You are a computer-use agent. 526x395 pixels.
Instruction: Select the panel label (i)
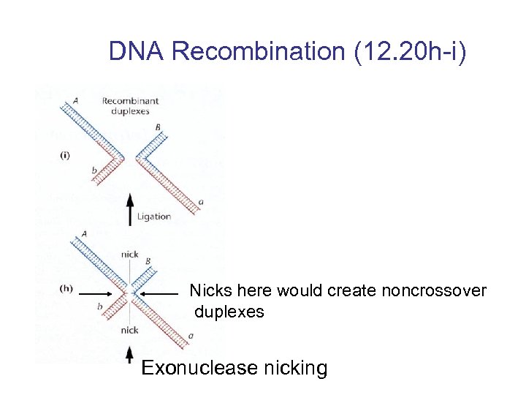[65, 157]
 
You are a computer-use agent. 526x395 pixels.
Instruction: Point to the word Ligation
[153, 216]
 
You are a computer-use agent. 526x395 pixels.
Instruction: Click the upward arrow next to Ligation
[130, 209]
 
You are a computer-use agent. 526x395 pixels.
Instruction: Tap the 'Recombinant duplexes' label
[125, 106]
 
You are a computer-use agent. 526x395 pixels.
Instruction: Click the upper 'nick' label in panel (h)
[129, 255]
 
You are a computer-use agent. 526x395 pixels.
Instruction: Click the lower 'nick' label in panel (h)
[129, 330]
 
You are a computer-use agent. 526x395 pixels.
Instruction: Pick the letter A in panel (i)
[76, 101]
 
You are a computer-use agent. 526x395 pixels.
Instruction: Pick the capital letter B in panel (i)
[158, 127]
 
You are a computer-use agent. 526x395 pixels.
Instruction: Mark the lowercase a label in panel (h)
[191, 336]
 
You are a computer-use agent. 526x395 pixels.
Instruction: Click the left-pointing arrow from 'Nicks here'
[160, 293]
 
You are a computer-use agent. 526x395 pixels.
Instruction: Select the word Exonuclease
[202, 368]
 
